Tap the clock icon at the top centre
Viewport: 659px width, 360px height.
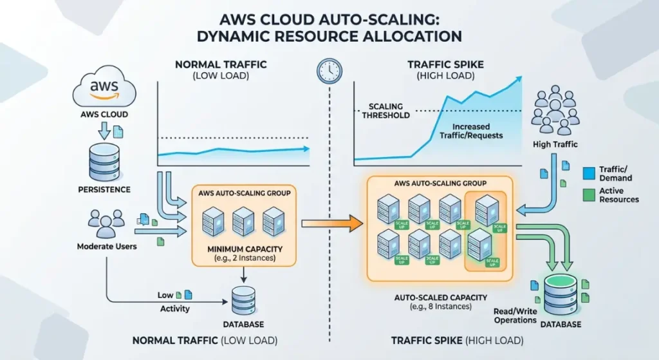click(x=329, y=70)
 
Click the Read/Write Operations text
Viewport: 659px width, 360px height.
click(x=514, y=316)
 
